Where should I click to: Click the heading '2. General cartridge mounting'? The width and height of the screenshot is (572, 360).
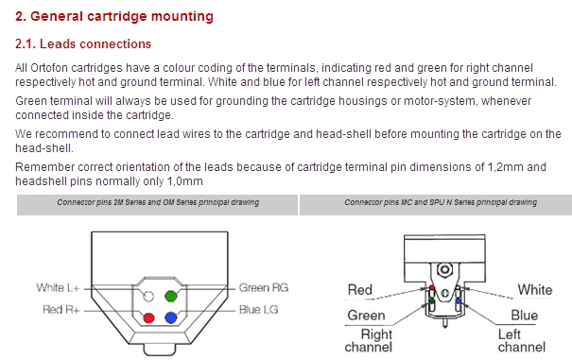click(x=114, y=17)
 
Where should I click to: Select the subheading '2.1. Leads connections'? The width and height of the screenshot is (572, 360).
click(x=83, y=43)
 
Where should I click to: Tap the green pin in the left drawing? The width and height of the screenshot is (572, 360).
click(x=171, y=296)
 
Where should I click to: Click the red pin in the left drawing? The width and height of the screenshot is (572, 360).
click(x=148, y=318)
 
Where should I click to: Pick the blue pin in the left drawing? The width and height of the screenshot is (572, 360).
click(x=171, y=317)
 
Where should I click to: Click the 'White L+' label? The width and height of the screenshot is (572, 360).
click(x=58, y=288)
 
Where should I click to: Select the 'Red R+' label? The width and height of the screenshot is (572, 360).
click(x=61, y=310)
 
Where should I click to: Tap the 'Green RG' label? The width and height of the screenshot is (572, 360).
click(x=264, y=288)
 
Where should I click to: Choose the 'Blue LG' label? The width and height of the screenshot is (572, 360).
click(x=259, y=310)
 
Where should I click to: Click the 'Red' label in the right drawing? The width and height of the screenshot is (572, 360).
click(x=360, y=290)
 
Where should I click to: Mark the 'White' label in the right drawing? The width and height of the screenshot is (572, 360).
click(x=535, y=290)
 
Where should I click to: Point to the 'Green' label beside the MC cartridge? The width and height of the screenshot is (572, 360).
click(x=366, y=316)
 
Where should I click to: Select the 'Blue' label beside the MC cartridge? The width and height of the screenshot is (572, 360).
click(x=524, y=316)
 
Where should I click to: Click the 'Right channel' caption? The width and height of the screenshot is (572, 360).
click(x=369, y=341)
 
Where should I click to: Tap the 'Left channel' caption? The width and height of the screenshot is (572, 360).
click(x=522, y=341)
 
